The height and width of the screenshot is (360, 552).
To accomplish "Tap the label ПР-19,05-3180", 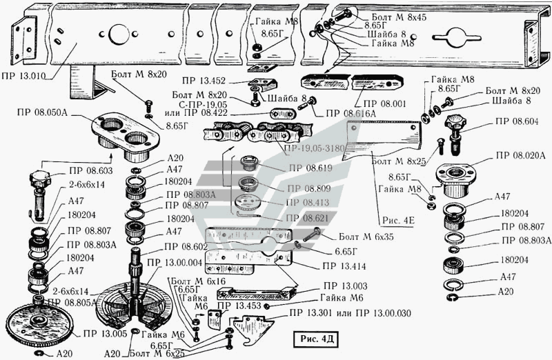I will (313, 147).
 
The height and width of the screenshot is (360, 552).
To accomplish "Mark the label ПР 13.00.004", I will (173, 263).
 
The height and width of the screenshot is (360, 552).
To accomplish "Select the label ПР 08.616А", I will (351, 112).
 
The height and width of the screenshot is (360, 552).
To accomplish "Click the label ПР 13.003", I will (345, 286).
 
